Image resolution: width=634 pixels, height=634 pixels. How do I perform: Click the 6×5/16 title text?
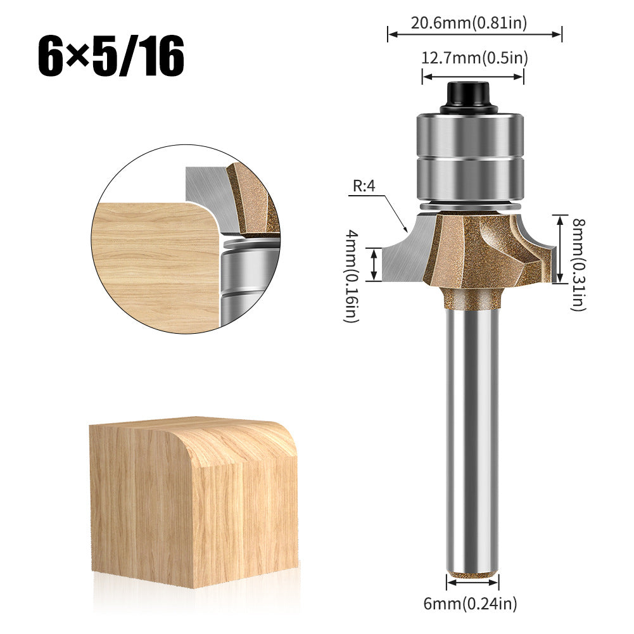tap(111, 57)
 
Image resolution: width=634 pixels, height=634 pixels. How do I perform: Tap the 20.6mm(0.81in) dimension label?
tap(469, 23)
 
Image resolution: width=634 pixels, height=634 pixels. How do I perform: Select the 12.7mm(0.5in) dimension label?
tap(474, 58)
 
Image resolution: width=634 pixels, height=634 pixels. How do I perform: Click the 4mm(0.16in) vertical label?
tap(351, 277)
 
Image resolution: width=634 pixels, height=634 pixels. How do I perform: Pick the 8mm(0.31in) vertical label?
tap(578, 264)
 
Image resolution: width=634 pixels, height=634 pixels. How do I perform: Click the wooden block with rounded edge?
tap(193, 500)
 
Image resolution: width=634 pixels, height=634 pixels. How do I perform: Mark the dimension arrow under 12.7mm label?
tap(473, 77)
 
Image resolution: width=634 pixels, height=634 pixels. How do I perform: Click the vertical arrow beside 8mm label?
tap(559, 249)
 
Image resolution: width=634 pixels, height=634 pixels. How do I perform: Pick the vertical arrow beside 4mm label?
tap(374, 264)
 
